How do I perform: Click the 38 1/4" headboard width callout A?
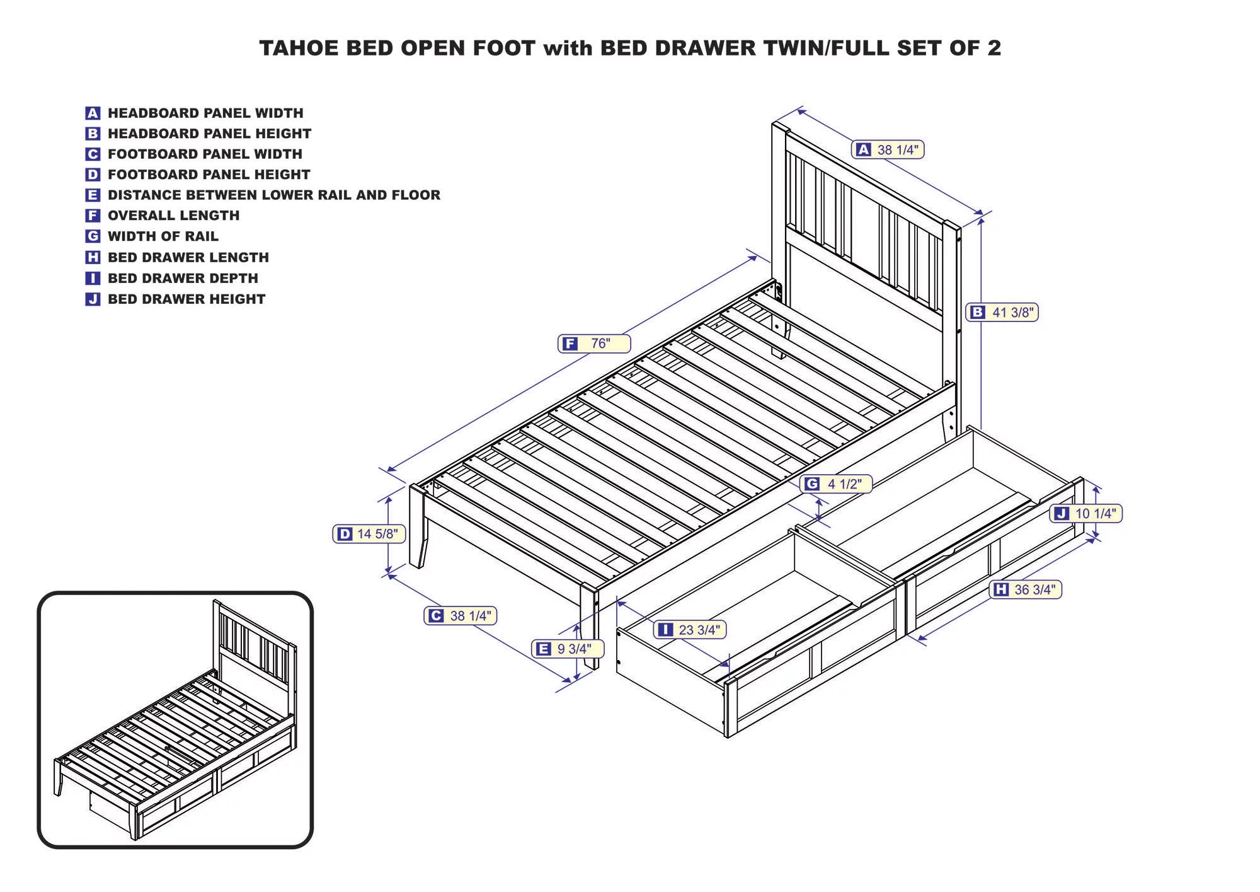click(888, 149)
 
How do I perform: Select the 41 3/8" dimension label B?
click(1002, 312)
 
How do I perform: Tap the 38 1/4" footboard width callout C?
click(461, 616)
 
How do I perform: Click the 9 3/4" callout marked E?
click(568, 649)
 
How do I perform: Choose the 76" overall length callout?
click(594, 344)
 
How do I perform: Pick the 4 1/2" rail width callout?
click(836, 484)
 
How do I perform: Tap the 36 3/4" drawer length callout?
click(1026, 589)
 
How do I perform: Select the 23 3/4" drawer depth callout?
click(690, 630)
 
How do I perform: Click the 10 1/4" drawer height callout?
click(1086, 513)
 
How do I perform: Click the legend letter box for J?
click(93, 299)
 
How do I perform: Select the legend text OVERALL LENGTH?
click(174, 216)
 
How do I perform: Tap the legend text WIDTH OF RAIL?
click(163, 236)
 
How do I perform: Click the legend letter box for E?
click(93, 195)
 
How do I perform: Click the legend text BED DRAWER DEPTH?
click(183, 278)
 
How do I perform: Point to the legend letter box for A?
click(93, 113)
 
